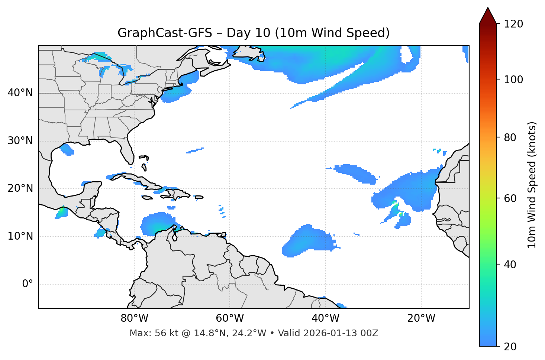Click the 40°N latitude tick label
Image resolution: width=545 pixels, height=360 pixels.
pos(20,93)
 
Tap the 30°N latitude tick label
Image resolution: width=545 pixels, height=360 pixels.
pos(20,141)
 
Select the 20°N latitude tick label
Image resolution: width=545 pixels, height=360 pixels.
pos(20,188)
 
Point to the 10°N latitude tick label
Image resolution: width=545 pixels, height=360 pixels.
pos(20,236)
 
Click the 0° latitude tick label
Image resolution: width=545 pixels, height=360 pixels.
pos(27,284)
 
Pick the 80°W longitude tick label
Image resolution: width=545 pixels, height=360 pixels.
pos(134,318)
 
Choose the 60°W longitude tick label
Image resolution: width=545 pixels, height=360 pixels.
pos(230,318)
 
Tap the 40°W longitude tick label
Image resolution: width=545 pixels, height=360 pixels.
pos(326,318)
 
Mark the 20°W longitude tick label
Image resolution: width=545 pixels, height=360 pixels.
pos(421,318)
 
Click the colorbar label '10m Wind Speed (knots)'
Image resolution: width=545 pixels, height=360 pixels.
pos(532,185)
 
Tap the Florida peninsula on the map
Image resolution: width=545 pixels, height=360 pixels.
pos(128,150)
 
